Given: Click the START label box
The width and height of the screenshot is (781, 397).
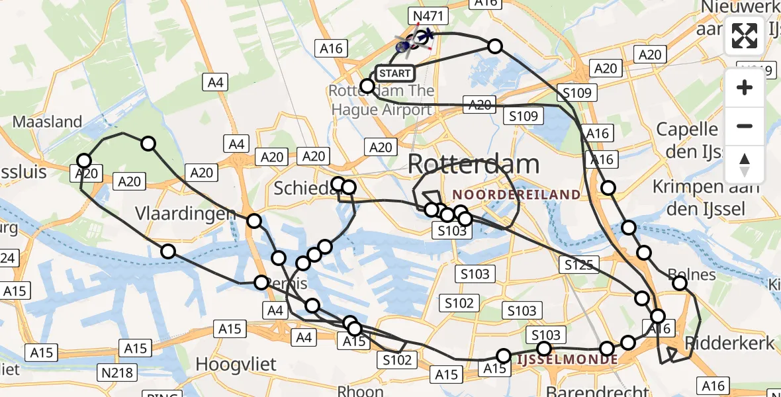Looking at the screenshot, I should (x=394, y=73).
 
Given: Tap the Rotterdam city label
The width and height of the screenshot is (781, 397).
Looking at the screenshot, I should (x=473, y=163).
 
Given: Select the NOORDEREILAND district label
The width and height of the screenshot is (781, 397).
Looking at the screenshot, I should (x=516, y=195).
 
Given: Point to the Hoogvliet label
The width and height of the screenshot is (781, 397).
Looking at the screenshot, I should (x=236, y=364).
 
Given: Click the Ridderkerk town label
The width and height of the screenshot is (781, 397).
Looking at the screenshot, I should (x=729, y=343).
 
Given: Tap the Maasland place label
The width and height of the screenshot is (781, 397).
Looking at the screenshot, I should (x=48, y=122).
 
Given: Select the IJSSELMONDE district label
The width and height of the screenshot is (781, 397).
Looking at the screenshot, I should (x=567, y=359).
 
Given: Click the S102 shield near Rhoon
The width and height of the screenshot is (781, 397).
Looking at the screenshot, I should (x=397, y=360).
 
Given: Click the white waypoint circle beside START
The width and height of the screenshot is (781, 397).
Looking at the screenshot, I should (x=367, y=85).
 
